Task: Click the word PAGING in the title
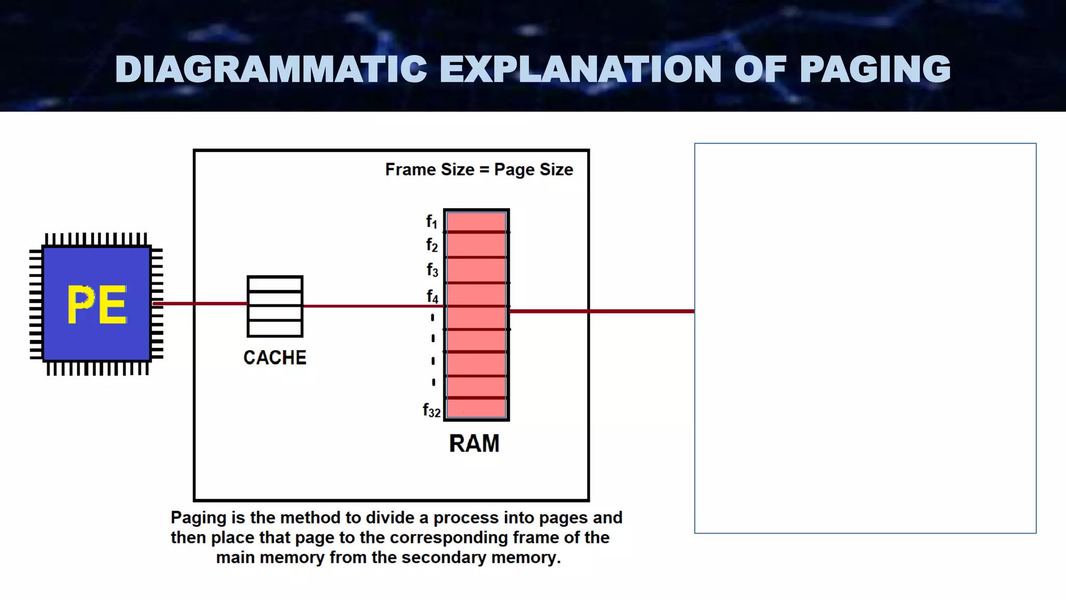(x=874, y=69)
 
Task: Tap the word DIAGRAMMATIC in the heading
(x=271, y=69)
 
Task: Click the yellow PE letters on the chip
(x=97, y=305)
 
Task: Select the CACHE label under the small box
(x=275, y=358)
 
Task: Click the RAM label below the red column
(x=474, y=444)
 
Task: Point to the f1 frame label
(x=432, y=222)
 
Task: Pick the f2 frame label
(x=432, y=245)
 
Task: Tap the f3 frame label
(x=432, y=270)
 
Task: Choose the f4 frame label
(x=432, y=296)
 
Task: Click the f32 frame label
(x=432, y=411)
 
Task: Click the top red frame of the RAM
(x=476, y=222)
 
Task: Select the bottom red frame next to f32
(x=476, y=408)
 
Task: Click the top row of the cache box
(x=275, y=284)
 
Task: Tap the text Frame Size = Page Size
(x=479, y=170)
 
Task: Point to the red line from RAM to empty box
(x=601, y=311)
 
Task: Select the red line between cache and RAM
(x=372, y=306)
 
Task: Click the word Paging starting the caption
(x=198, y=518)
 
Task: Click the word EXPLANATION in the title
(x=580, y=69)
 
